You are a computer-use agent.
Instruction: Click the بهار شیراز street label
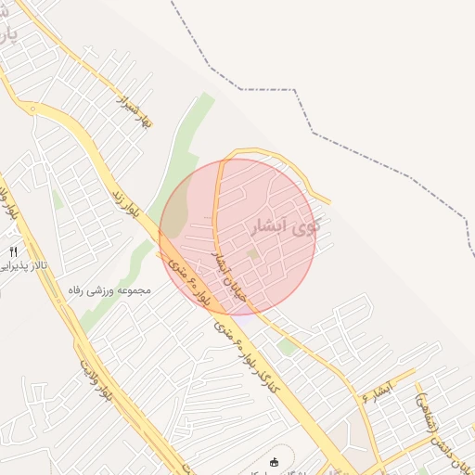click(x=132, y=109)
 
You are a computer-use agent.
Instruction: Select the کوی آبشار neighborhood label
click(x=285, y=225)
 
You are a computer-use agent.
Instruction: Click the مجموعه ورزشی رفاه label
click(x=109, y=289)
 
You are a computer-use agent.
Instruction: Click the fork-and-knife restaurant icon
click(x=13, y=251)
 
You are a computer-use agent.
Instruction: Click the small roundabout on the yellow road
click(x=33, y=109)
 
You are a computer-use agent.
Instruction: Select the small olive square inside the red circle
click(x=253, y=253)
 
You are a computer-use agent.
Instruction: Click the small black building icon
click(x=273, y=462)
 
